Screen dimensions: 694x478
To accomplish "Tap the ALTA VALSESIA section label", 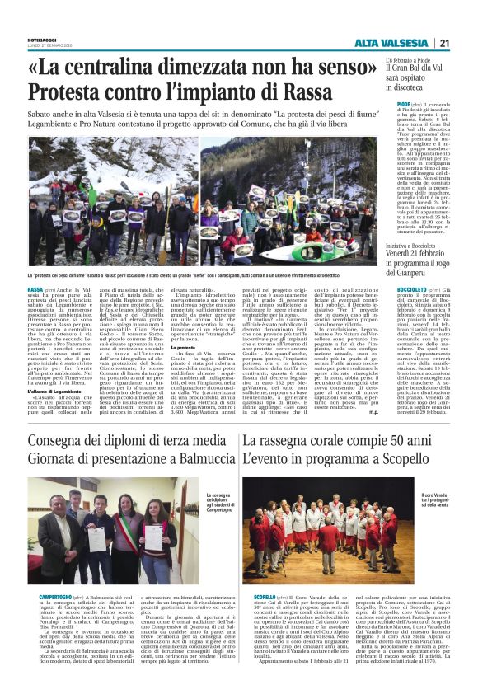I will [391, 44].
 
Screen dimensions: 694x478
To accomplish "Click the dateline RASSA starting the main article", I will [35, 291].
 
